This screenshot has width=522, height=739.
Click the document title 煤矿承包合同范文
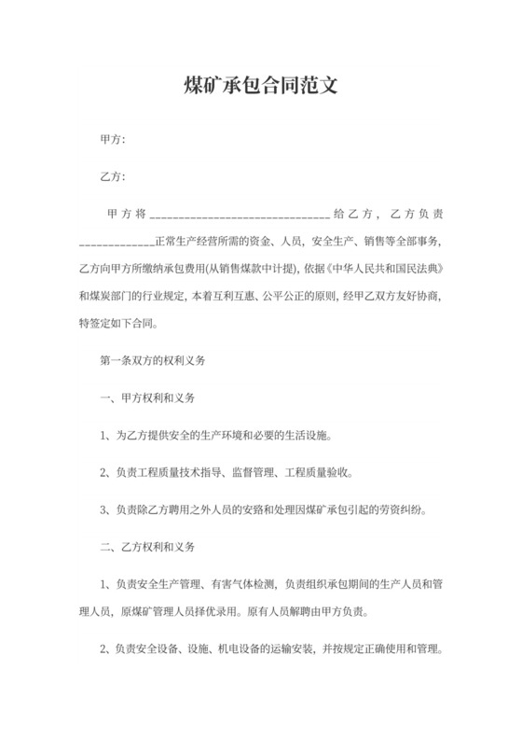tap(260, 88)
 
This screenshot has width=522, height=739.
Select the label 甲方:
tap(112, 140)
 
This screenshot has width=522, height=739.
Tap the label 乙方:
tap(112, 177)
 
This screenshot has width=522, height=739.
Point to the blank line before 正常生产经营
tap(117, 244)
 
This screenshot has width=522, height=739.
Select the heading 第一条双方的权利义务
tap(151, 359)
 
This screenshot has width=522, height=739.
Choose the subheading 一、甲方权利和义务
tap(147, 397)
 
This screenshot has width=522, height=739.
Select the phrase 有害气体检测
tap(238, 584)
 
